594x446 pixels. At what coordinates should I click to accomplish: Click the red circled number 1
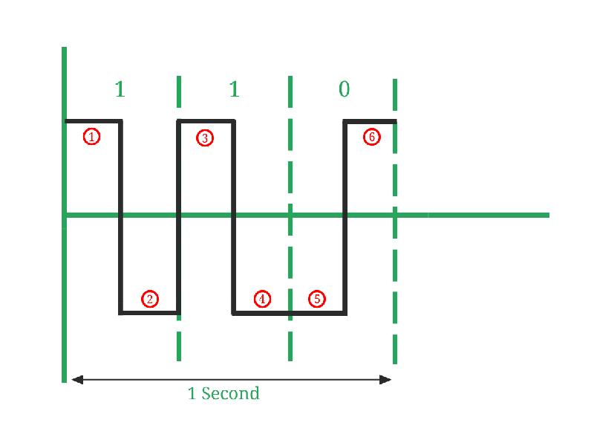pos(91,137)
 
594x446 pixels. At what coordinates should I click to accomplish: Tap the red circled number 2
pos(150,300)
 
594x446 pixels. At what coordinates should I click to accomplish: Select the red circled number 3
pos(205,138)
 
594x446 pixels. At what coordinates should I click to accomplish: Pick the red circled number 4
pos(262,300)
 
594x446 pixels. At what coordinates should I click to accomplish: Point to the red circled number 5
pos(317,300)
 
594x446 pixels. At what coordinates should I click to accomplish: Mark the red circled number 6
pos(372,137)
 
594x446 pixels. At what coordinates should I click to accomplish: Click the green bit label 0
pos(344,89)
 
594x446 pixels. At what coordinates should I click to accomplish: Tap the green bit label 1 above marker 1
pos(120,89)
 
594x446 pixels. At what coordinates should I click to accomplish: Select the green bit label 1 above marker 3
pos(235,89)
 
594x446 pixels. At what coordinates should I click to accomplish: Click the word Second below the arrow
pos(230,393)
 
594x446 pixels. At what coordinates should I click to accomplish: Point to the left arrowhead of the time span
pos(77,379)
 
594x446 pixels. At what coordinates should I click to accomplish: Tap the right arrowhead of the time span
pos(385,379)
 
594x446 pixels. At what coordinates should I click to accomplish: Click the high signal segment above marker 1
pos(94,121)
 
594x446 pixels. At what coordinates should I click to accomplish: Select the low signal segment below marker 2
pos(150,313)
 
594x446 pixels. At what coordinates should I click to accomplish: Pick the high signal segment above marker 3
pos(206,121)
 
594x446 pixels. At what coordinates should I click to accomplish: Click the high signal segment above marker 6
pos(370,122)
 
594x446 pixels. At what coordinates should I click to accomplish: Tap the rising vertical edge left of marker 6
pos(345,217)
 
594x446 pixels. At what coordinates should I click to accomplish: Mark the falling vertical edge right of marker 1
pos(120,217)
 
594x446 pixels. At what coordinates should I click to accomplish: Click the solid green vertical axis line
pos(64,215)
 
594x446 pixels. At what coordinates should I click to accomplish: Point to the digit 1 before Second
pos(192,394)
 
